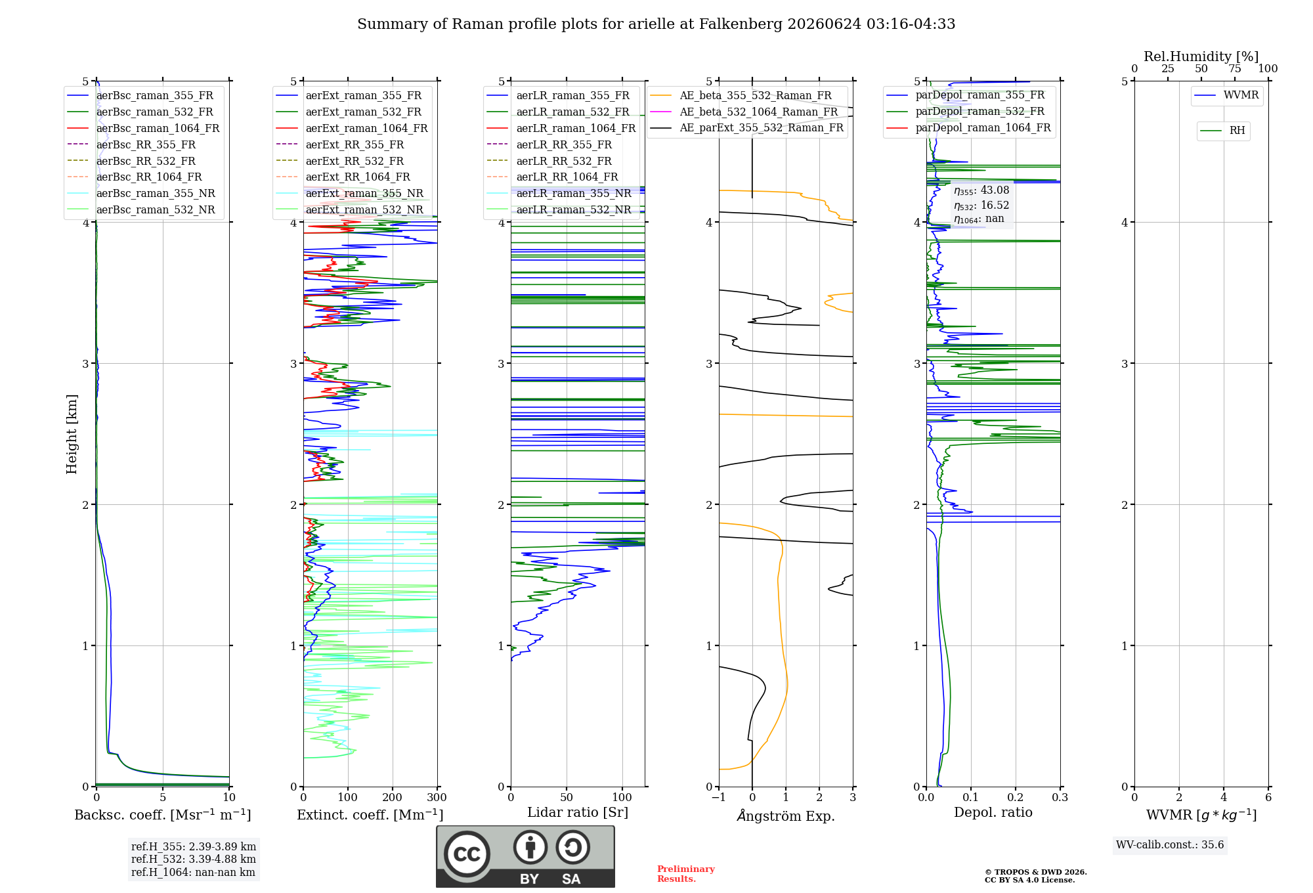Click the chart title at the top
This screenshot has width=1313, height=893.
click(656, 24)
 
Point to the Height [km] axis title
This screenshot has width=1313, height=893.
click(72, 434)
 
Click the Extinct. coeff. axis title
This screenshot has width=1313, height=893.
click(370, 815)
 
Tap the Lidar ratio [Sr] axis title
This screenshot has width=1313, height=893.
click(578, 812)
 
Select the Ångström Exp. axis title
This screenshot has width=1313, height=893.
click(786, 816)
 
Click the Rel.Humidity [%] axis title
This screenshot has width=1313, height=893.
click(1201, 56)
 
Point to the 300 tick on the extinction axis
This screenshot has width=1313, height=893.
click(437, 797)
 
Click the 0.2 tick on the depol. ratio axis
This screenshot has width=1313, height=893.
click(1016, 797)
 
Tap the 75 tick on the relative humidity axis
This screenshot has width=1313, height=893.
click(1235, 68)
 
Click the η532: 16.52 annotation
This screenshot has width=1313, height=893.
click(981, 205)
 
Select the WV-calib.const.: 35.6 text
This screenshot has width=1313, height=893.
click(1170, 844)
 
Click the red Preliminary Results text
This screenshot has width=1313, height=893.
click(686, 874)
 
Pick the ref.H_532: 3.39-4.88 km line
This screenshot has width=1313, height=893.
click(194, 859)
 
